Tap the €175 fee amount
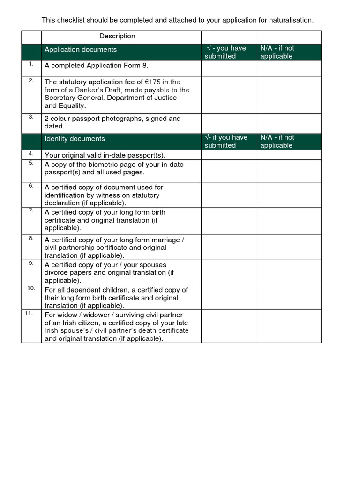(x=154, y=82)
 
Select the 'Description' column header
(x=117, y=36)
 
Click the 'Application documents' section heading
(x=81, y=50)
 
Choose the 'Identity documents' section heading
(x=75, y=139)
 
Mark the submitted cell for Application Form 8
(x=229, y=68)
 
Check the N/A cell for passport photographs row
(x=289, y=123)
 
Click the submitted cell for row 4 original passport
(x=229, y=155)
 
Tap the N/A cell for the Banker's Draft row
(x=289, y=95)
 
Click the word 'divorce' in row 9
(x=57, y=273)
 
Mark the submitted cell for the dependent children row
(x=229, y=297)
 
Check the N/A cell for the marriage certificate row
(x=289, y=247)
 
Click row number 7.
(x=31, y=210)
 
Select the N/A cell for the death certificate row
(x=289, y=326)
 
